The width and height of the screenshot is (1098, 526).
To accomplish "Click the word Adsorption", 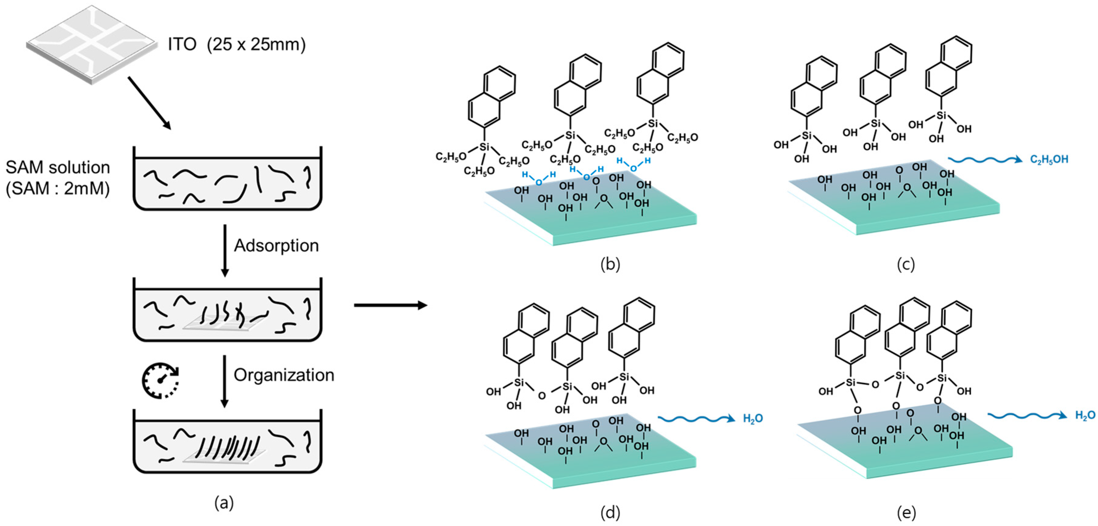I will pyautogui.click(x=276, y=246).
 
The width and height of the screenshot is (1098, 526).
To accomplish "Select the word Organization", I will pyautogui.click(x=284, y=375).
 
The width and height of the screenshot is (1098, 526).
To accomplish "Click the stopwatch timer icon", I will pyautogui.click(x=160, y=380).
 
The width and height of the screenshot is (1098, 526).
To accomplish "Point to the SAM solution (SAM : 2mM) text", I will pyautogui.click(x=58, y=177).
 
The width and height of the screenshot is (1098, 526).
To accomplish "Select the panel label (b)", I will pyautogui.click(x=610, y=265).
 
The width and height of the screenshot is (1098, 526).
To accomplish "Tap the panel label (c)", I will pyautogui.click(x=906, y=265).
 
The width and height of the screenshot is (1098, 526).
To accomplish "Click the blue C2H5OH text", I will pyautogui.click(x=1049, y=160).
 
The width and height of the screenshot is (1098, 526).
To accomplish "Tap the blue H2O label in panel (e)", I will pyautogui.click(x=1085, y=415).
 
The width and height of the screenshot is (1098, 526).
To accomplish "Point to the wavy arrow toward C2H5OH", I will pyautogui.click(x=985, y=160).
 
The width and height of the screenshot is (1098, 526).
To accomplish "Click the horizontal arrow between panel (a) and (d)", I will pyautogui.click(x=390, y=305).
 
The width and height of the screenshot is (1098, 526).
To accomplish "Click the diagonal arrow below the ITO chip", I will pyautogui.click(x=149, y=102).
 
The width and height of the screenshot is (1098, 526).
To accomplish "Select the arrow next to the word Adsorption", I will pyautogui.click(x=225, y=251).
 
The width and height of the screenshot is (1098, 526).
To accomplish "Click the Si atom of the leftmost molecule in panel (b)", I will pyautogui.click(x=484, y=147).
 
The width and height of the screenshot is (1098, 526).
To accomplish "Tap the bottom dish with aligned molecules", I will pyautogui.click(x=227, y=444).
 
